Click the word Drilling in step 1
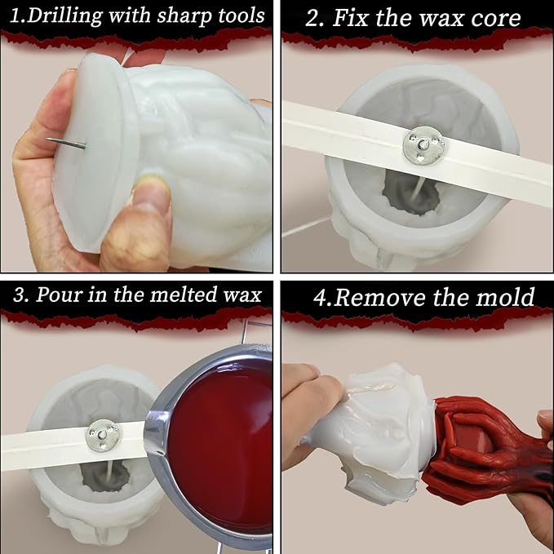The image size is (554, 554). pos(65,16)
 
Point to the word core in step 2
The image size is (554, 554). pos(496,19)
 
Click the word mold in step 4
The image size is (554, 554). pos(505,297)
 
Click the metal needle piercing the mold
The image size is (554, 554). pos(66,144)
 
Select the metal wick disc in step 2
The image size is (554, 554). pos(423,145)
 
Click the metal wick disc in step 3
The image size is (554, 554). pos(103,436)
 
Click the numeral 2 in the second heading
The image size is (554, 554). pos(313,19)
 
